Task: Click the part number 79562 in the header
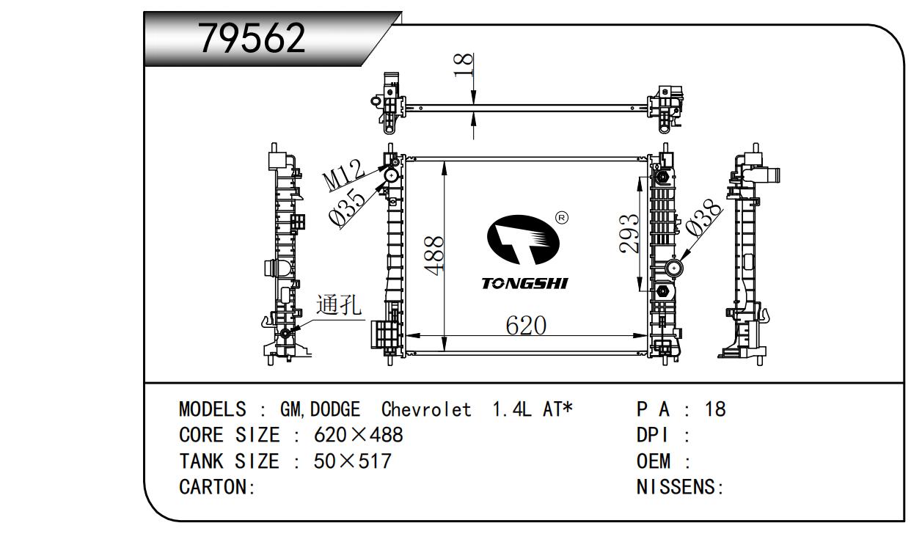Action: coord(252,39)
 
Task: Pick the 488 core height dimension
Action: coord(434,255)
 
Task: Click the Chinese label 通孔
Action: coord(339,305)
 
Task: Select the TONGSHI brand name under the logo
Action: coord(524,284)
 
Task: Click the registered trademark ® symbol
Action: coord(562,217)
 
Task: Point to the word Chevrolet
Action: coord(426,409)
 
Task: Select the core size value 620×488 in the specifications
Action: coord(359,435)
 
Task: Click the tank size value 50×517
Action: coord(353,461)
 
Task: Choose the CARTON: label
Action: coord(217,487)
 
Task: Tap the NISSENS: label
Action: coord(680,487)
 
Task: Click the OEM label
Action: coord(654,461)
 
